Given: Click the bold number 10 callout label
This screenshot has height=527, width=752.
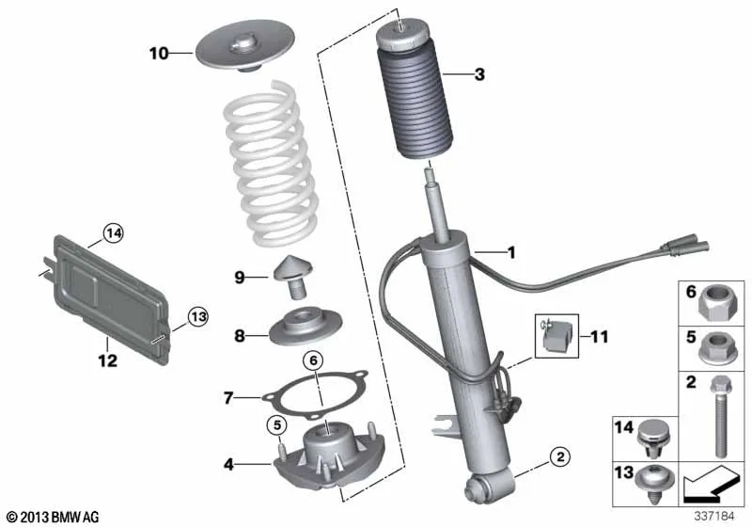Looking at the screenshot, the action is coord(159,53).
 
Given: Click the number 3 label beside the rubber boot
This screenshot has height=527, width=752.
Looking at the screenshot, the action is coord(479,74).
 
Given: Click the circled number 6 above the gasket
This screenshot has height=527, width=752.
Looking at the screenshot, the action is coord(313,360).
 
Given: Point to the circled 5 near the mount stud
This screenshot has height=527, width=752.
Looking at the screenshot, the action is coord(277,424).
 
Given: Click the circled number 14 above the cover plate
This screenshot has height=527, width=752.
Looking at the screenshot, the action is coord(114,233).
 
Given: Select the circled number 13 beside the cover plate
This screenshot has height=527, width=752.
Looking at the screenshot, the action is coord(198,317).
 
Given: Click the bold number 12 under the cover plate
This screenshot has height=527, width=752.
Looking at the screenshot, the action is coord(107,360).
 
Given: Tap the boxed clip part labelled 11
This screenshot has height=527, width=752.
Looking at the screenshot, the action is coord(556,336).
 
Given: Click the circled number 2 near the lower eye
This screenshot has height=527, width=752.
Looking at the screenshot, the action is coord(560,456).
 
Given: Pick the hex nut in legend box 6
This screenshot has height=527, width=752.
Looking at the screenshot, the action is coord(712,302).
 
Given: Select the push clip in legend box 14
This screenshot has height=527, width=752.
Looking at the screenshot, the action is coord(651,439).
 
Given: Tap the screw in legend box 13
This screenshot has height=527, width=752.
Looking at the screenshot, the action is coord(654,484).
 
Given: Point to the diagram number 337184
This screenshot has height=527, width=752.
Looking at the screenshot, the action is coord(714,516).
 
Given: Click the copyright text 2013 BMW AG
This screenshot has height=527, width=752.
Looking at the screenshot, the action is coord(54,517).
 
